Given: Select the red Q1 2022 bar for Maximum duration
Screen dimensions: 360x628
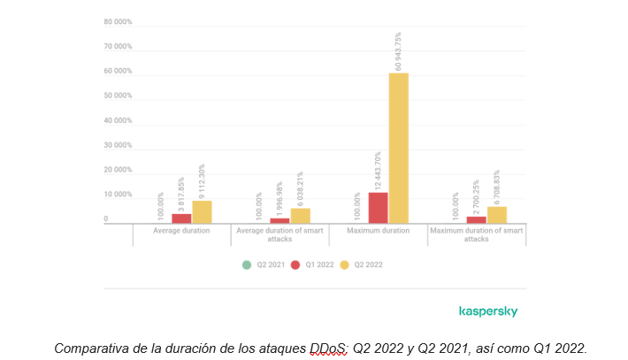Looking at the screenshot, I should coord(378,207).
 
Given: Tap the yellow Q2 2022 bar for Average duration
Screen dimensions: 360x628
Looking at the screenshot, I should coord(202,211).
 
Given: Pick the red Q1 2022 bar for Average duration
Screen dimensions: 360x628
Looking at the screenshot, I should coord(181,218).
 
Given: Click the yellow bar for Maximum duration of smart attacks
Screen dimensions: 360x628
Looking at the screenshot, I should coord(496,214).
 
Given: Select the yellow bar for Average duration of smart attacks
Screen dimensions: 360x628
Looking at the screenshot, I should coord(301,215).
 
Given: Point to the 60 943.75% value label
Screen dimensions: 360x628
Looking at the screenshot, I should coord(399,51).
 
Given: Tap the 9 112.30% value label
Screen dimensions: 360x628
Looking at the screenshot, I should coord(202,180).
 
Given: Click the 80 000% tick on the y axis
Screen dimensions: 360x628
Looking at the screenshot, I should coord(118,21).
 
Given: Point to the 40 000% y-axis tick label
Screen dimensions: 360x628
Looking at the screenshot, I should coord(118,120).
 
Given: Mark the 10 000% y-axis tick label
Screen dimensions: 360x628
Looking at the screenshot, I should coord(118,195).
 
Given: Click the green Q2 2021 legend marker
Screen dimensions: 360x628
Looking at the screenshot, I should coord(248,264).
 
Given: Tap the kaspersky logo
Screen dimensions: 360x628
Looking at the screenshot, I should coord(488,311).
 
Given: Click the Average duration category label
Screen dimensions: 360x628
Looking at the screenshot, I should coord(181,230).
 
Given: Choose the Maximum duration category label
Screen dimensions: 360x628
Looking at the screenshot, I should coord(379,230).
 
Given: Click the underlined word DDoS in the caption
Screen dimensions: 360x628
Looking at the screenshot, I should coord(328,348).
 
